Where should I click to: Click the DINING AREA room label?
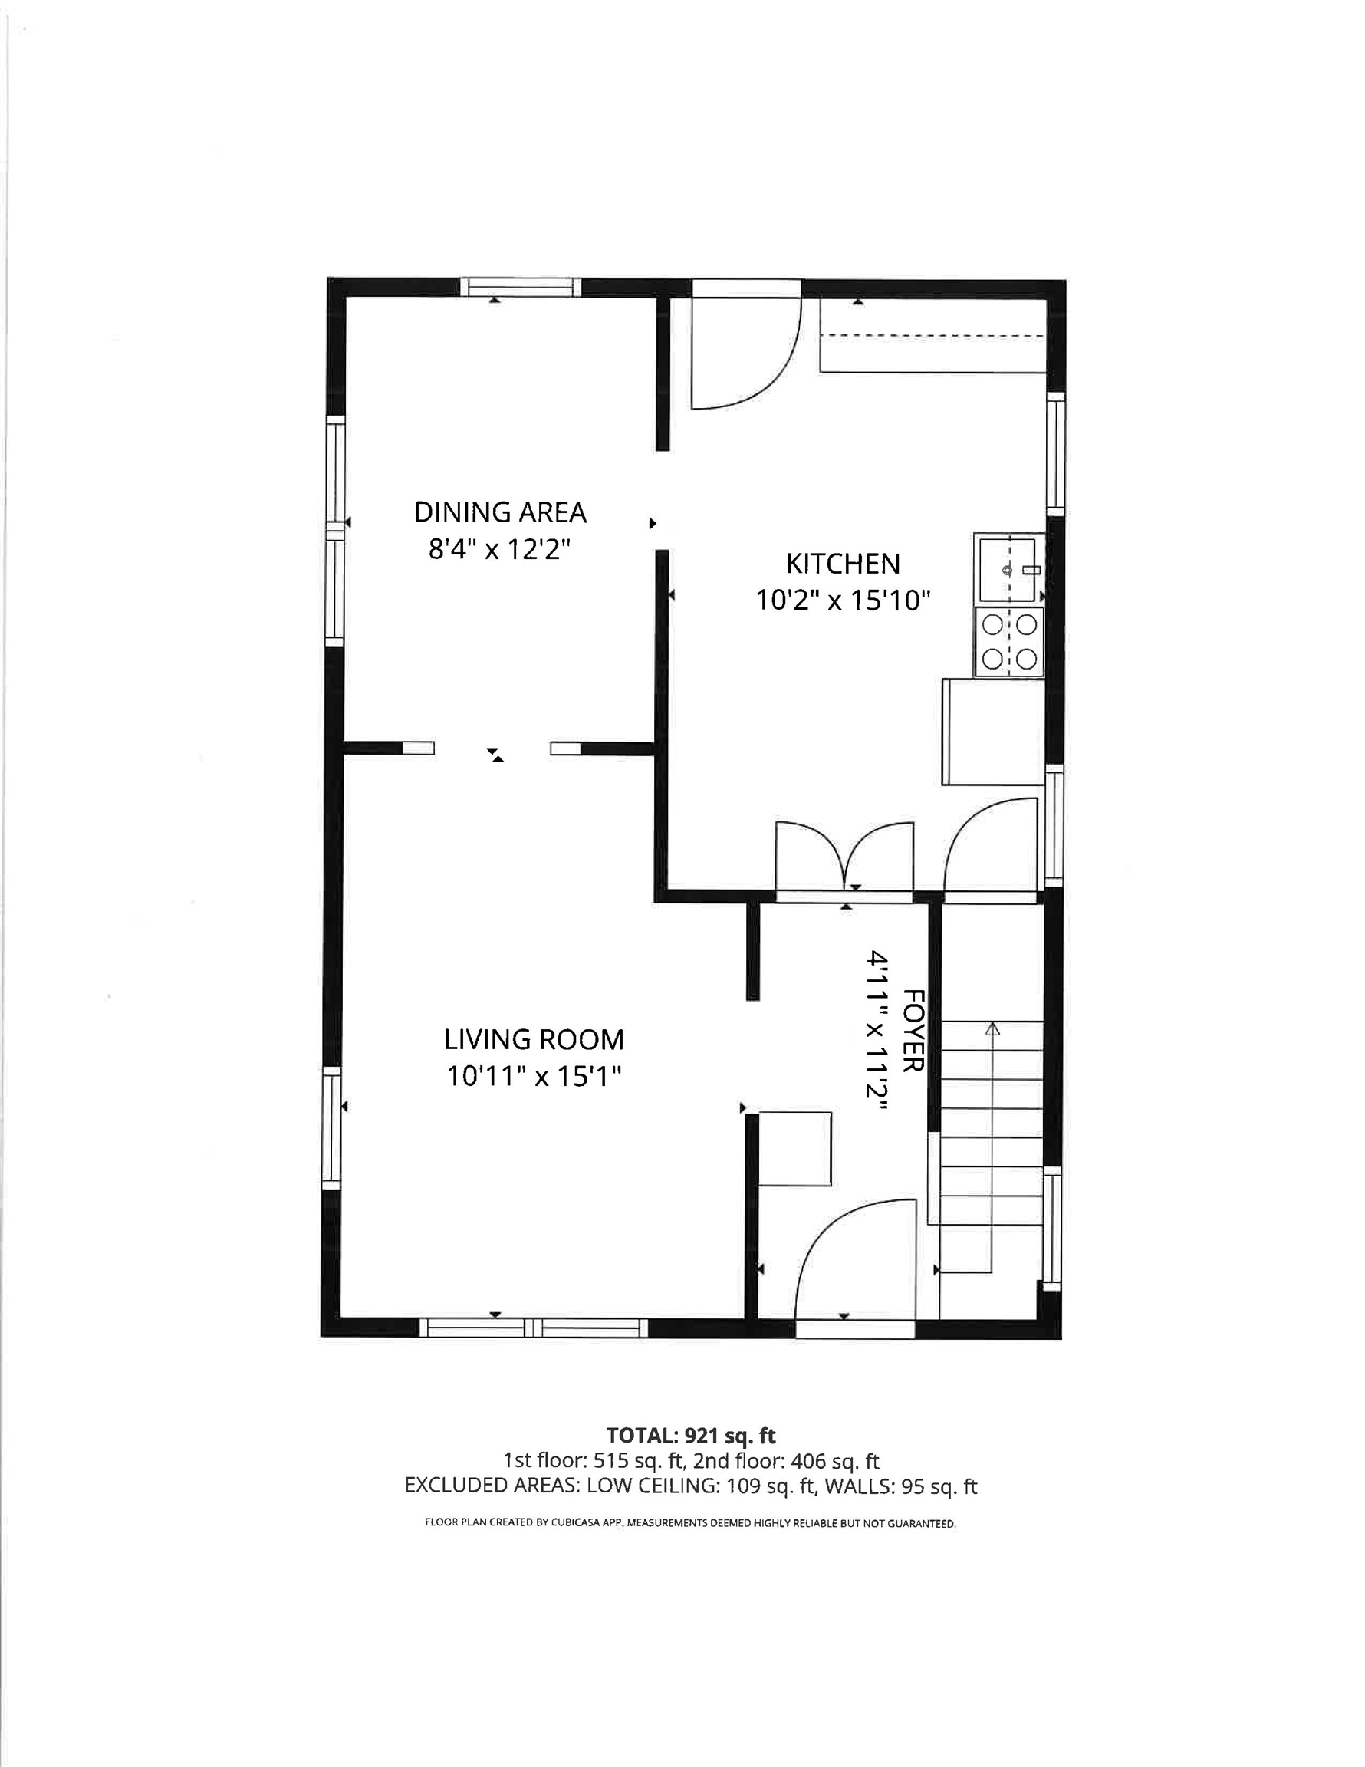pyautogui.click(x=500, y=512)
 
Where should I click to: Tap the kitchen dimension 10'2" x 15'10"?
pyautogui.click(x=843, y=601)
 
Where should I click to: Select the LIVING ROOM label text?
pyautogui.click(x=533, y=1039)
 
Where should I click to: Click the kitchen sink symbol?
pyautogui.click(x=1008, y=570)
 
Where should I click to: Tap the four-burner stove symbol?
pyautogui.click(x=1010, y=642)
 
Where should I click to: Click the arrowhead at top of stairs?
pyautogui.click(x=992, y=1028)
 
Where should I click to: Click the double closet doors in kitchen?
pyautogui.click(x=845, y=857)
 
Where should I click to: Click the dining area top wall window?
pyautogui.click(x=521, y=288)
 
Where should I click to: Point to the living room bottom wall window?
pyautogui.click(x=533, y=1328)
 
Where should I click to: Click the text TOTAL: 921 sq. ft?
pyautogui.click(x=690, y=1435)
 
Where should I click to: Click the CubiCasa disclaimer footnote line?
pyautogui.click(x=690, y=1522)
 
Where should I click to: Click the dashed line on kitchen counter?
pyautogui.click(x=930, y=335)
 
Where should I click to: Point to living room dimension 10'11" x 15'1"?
pyautogui.click(x=533, y=1076)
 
